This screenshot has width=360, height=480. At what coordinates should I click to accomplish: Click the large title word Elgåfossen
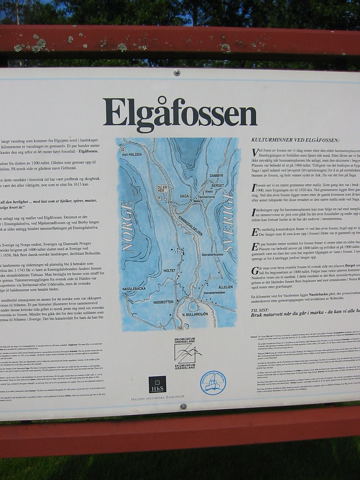(x=180, y=112)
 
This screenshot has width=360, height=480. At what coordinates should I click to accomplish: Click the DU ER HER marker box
(x=162, y=189)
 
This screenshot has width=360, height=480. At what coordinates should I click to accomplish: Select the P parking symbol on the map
(x=159, y=198)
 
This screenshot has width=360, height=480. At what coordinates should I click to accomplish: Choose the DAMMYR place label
(x=216, y=175)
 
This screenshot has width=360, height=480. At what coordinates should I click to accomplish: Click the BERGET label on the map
(x=218, y=186)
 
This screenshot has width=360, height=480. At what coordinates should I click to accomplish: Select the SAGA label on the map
(x=184, y=196)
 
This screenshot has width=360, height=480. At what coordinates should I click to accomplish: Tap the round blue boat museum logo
(x=213, y=382)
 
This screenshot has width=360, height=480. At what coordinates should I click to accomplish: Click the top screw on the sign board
(x=177, y=72)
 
